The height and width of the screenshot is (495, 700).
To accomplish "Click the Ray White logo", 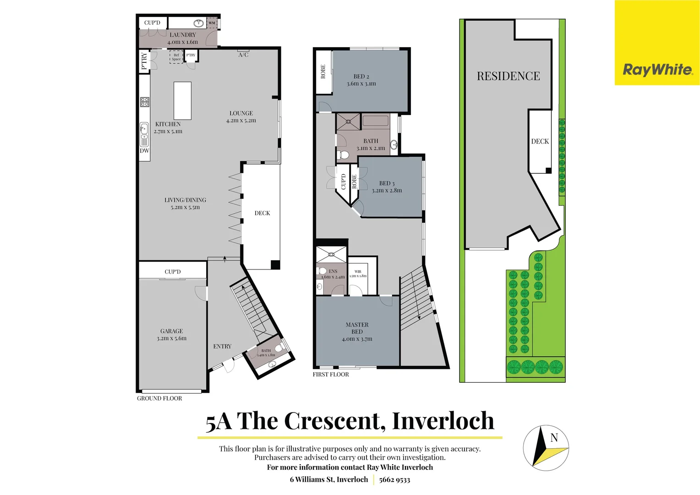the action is (x=657, y=70).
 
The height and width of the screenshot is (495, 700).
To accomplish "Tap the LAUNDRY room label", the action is (x=183, y=35).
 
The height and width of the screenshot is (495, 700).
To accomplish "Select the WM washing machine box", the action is (x=212, y=23).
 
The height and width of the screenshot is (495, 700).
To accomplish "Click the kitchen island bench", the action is (x=182, y=101).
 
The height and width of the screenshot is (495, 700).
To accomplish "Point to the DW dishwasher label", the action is (x=144, y=151).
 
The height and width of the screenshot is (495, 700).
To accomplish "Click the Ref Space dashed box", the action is (x=176, y=57).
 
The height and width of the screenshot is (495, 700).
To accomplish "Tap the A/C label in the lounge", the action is (x=243, y=55).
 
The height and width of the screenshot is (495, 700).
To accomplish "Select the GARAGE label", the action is (x=171, y=331).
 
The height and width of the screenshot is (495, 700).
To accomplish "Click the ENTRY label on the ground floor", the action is (x=222, y=346).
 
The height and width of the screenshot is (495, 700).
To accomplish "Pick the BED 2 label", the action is (x=361, y=77).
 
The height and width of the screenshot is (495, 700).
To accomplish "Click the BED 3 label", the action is (x=387, y=183).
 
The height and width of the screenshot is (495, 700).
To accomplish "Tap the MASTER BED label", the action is (x=357, y=328).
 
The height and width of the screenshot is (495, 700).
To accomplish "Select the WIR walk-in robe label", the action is (x=358, y=272).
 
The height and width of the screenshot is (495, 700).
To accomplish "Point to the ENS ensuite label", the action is (x=333, y=271).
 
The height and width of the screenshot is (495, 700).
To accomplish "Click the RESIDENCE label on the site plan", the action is (x=508, y=76).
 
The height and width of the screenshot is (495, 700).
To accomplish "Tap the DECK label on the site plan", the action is (x=540, y=142).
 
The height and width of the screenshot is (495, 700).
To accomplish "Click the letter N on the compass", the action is (x=554, y=438).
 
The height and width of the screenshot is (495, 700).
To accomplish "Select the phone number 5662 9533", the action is (x=394, y=480).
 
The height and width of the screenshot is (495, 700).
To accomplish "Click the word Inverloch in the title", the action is (x=443, y=421).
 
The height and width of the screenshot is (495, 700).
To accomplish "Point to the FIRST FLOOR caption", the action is (x=331, y=374).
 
